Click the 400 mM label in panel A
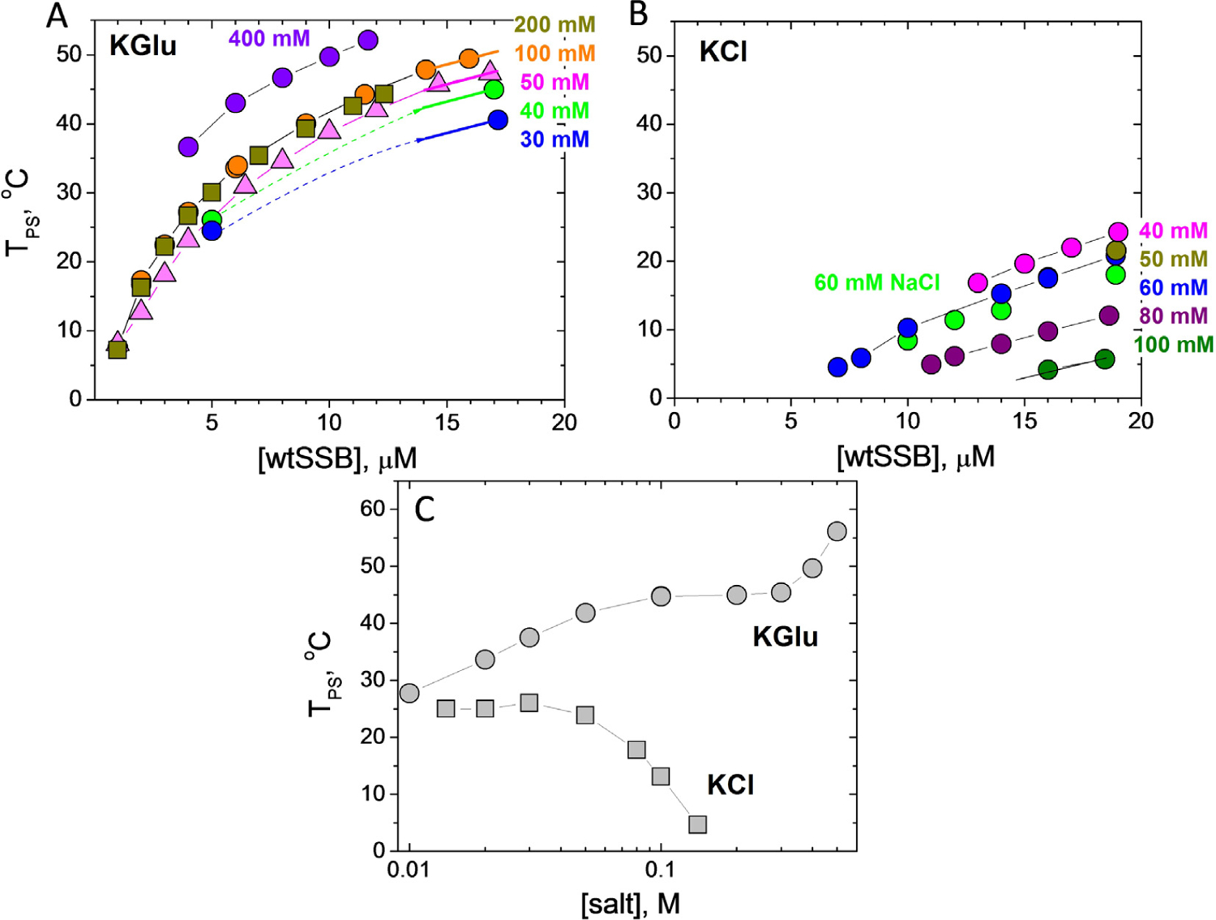point(268,38)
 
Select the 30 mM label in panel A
point(554,140)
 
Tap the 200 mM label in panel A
point(554,24)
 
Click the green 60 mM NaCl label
point(876,282)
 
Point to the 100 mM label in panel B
point(1173,345)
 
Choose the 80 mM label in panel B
point(1173,316)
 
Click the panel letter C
point(425,509)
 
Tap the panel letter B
point(639,15)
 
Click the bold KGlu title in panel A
point(143,45)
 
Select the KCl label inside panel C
point(730,785)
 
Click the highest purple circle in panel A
point(367,41)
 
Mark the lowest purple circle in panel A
point(188,147)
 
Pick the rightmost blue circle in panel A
point(498,120)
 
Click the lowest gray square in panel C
point(697,824)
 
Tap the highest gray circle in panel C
point(837,531)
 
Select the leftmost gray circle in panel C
point(409,693)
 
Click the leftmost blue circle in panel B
point(837,367)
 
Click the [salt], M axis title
point(631,903)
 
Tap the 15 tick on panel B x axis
point(1024,421)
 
